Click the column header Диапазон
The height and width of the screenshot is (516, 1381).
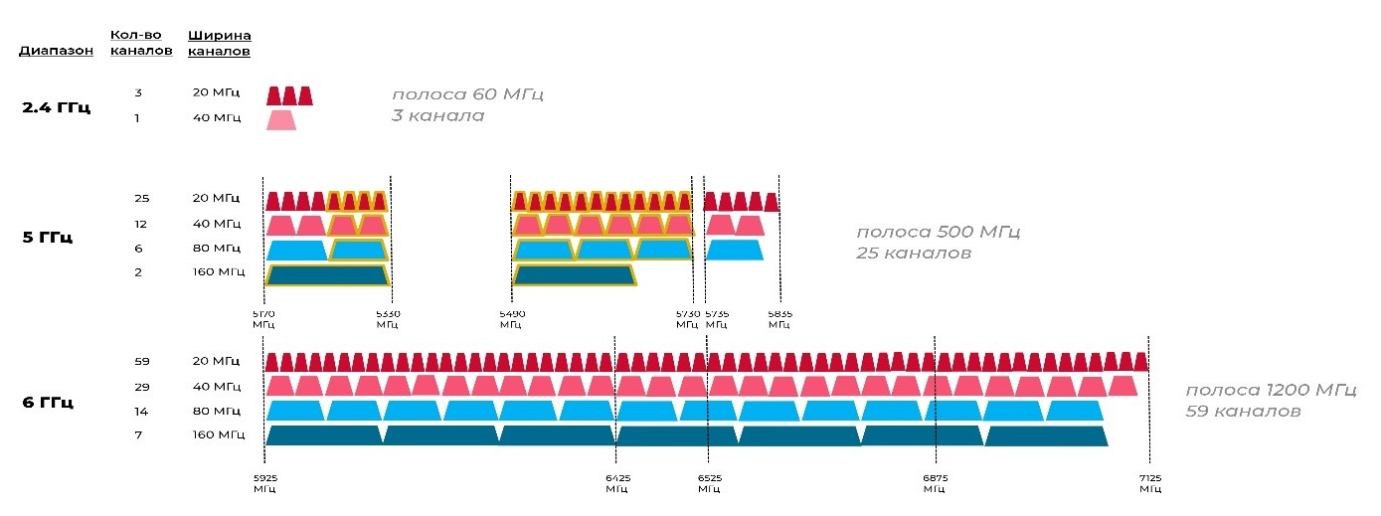pyautogui.click(x=57, y=51)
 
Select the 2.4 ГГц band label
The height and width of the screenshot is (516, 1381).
pyautogui.click(x=56, y=107)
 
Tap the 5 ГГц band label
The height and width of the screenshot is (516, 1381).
pyautogui.click(x=47, y=238)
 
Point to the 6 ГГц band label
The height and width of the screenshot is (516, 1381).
pyautogui.click(x=47, y=403)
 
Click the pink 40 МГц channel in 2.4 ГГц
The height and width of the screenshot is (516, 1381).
pyautogui.click(x=281, y=120)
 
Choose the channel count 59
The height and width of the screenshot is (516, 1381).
pyautogui.click(x=141, y=361)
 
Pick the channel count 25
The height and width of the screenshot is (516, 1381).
pyautogui.click(x=141, y=199)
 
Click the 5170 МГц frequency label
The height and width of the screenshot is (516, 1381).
pyautogui.click(x=263, y=318)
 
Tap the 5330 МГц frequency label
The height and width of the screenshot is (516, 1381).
pyautogui.click(x=388, y=318)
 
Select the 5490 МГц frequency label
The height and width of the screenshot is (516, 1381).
pyautogui.click(x=511, y=318)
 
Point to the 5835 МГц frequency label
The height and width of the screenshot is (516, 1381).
pyautogui.click(x=779, y=318)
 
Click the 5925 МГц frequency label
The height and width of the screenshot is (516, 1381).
pyautogui.click(x=264, y=483)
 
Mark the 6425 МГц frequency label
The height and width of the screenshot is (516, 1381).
pyautogui.click(x=616, y=483)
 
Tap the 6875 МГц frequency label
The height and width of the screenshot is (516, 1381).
pyautogui.click(x=935, y=483)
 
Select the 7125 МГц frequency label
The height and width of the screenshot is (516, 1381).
pyautogui.click(x=1149, y=483)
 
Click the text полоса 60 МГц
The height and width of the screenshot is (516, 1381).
pyautogui.click(x=467, y=94)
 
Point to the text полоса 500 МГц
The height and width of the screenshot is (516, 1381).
pyautogui.click(x=938, y=232)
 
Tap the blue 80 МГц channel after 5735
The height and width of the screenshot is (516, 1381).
pyautogui.click(x=734, y=250)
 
